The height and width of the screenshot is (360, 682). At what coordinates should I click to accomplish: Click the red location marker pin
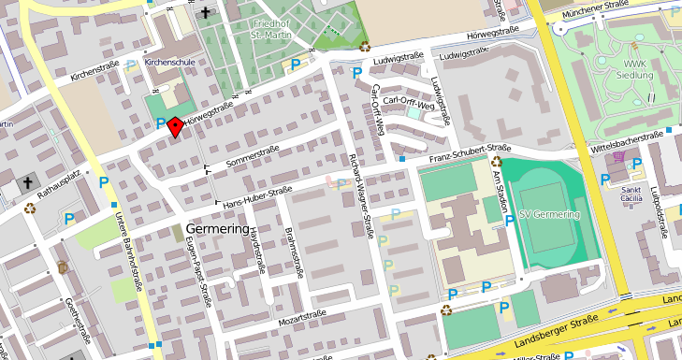(175, 127)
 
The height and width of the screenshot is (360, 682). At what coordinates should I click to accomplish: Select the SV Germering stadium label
(549, 215)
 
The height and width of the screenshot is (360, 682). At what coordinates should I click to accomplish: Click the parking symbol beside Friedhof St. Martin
(296, 64)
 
